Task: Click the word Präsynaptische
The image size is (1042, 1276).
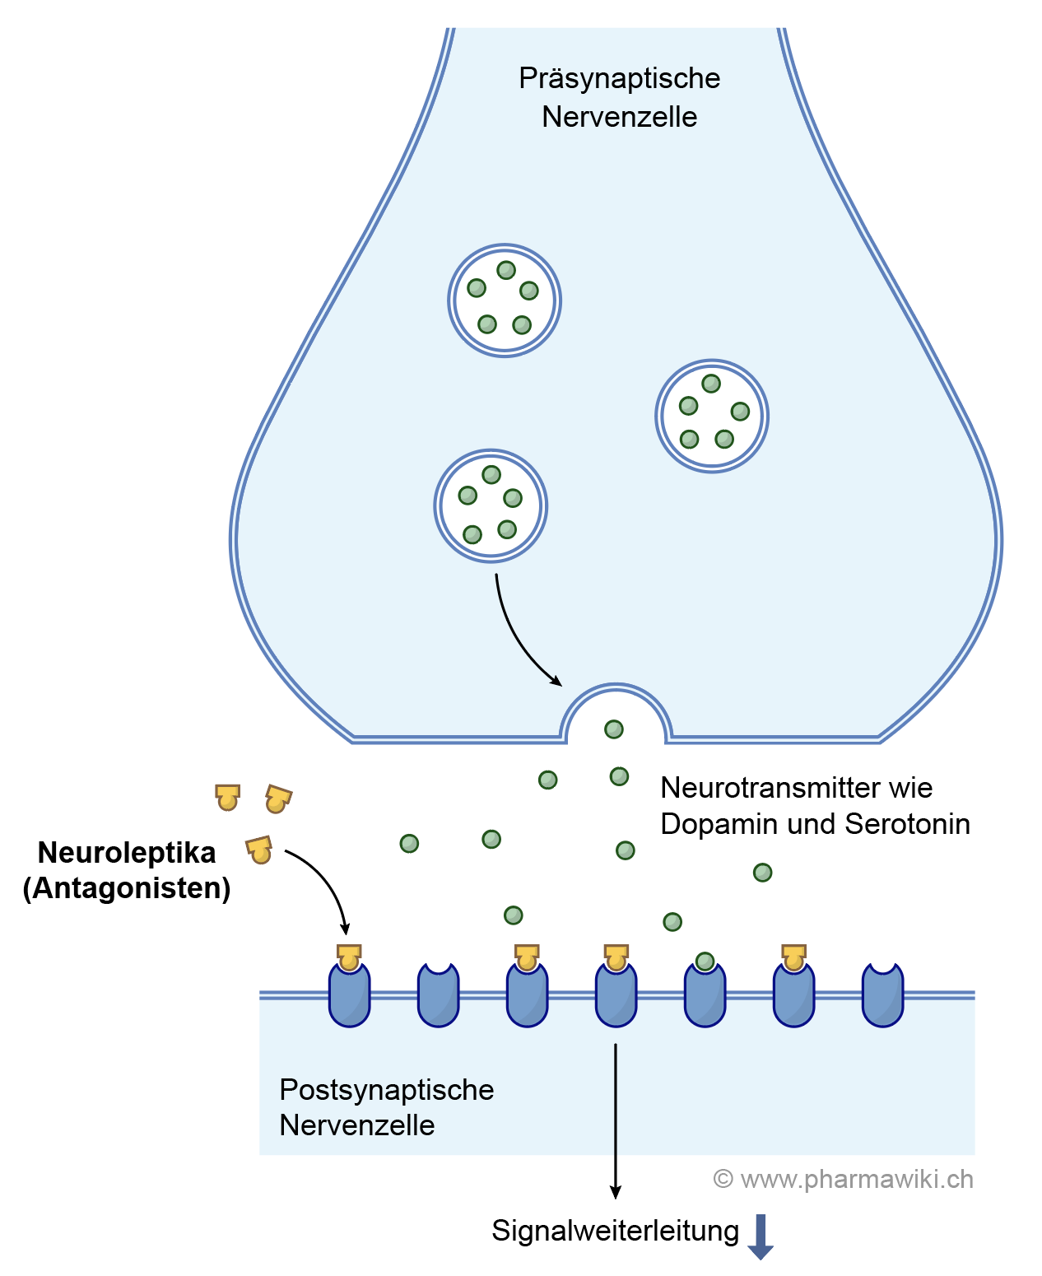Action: [x=619, y=78]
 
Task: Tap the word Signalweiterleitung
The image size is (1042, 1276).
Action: [x=615, y=1231]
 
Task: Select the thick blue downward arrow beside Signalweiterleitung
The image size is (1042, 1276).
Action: [x=761, y=1236]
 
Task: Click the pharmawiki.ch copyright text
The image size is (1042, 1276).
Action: [x=843, y=1179]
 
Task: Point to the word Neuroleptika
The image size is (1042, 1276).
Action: [x=127, y=852]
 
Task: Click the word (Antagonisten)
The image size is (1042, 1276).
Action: [x=127, y=888]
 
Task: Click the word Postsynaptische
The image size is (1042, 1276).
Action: [x=386, y=1089]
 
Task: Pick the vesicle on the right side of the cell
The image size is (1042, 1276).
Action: [x=711, y=416]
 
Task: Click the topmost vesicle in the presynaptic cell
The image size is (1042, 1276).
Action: [x=504, y=300]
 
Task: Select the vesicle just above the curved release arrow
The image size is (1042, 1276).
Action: [x=491, y=505]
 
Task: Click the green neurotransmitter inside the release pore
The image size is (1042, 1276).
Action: [x=614, y=729]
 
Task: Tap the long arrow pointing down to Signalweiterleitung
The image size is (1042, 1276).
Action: [x=615, y=1120]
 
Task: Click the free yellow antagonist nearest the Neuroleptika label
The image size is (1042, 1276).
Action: [x=259, y=850]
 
